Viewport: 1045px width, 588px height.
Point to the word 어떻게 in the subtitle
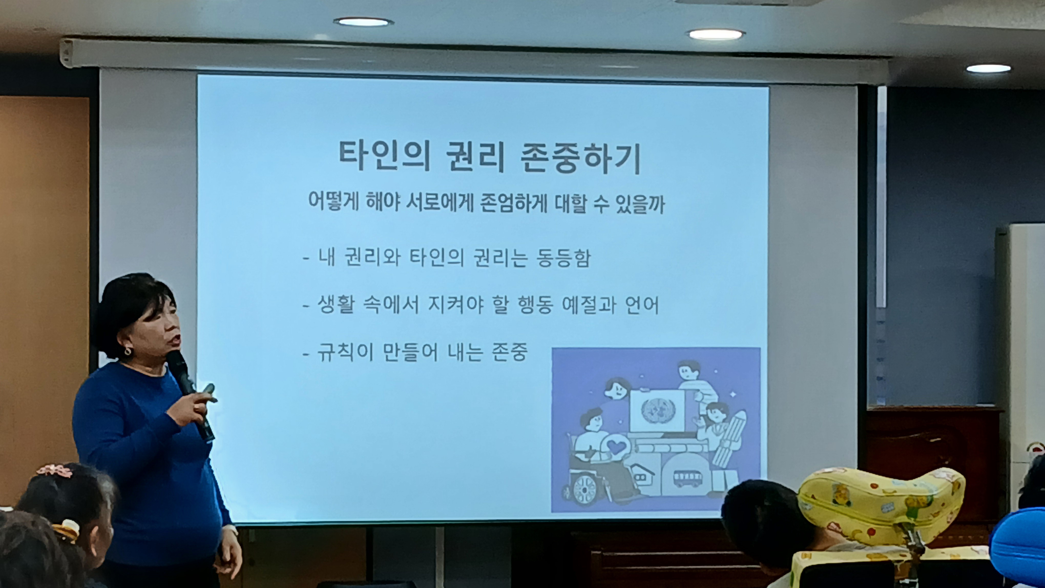coord(334,201)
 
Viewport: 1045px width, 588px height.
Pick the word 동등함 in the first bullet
coord(563,258)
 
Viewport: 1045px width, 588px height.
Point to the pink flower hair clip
coord(54,470)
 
